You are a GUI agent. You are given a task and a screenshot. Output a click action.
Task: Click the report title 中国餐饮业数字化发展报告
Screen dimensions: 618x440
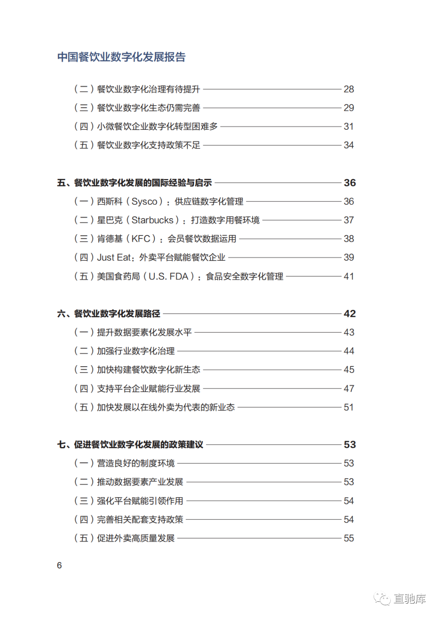point(121,57)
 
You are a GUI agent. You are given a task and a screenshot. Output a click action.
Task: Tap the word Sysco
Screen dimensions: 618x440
point(144,202)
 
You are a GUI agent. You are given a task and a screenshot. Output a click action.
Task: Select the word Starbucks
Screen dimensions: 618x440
point(152,220)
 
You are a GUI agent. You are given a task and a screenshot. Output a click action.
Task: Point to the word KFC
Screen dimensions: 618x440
point(141,239)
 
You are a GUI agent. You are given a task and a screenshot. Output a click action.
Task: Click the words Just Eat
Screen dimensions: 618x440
point(114,258)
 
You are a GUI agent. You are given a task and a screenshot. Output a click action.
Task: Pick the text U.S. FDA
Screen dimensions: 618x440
point(168,277)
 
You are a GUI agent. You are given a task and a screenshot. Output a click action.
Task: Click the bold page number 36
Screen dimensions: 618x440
point(350,183)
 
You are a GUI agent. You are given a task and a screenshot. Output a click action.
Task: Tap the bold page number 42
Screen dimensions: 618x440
point(350,314)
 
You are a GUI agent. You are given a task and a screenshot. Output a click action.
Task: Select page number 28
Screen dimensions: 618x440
point(349,89)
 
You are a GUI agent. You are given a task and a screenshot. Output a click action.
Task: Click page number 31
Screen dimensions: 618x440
point(349,126)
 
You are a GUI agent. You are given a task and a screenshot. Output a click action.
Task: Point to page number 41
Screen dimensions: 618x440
point(349,277)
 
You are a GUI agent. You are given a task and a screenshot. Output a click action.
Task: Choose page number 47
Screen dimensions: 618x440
point(349,389)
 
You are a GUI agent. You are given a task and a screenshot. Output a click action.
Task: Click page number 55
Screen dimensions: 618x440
point(349,538)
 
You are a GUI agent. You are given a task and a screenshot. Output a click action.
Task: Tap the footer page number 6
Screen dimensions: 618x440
point(59,565)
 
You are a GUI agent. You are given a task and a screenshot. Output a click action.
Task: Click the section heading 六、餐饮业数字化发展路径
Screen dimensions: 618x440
point(109,314)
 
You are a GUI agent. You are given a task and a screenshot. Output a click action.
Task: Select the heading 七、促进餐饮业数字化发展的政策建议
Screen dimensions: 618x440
point(130,445)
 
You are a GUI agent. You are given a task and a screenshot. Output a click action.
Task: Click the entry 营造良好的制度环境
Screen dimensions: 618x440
point(136,463)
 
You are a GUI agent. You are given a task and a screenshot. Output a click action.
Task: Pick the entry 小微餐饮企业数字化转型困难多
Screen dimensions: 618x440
point(157,126)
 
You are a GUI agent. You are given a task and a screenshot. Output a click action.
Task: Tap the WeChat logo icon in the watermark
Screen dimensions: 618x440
point(382,598)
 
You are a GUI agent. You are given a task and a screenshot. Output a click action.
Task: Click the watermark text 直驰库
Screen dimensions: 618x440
point(409,598)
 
